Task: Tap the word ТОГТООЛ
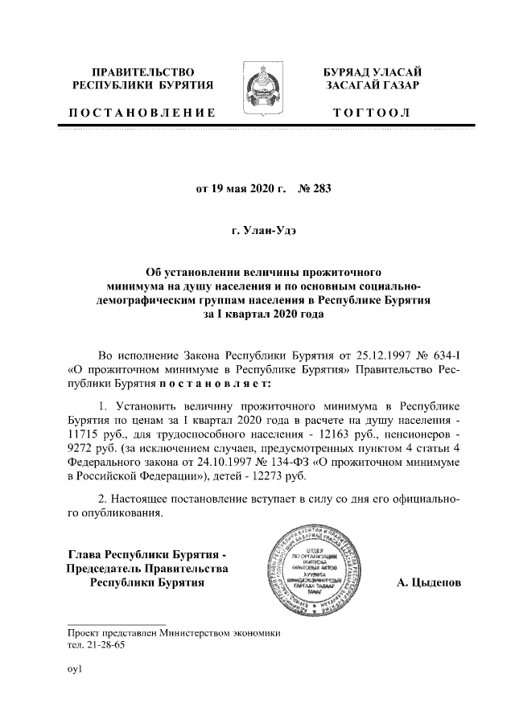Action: click(372, 113)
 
